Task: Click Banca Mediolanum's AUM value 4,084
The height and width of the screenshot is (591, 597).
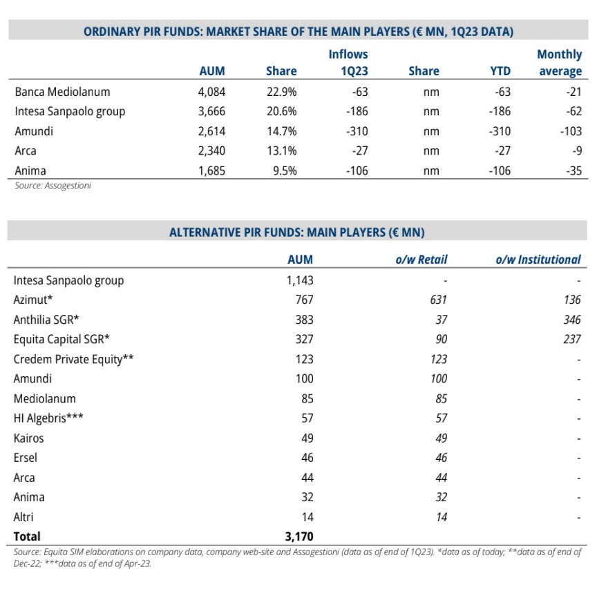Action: coord(211,92)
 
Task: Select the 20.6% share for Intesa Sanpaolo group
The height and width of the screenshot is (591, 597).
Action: coord(282,111)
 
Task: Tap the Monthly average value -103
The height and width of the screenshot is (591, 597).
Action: coord(571,131)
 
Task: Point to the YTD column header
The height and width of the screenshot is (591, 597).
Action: coord(500,71)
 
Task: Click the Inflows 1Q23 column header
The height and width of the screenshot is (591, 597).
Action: coord(348,63)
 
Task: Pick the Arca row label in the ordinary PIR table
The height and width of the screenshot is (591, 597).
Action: coord(26,151)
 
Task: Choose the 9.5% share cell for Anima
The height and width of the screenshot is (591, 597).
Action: coord(285,171)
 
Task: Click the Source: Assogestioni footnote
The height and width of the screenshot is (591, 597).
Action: coord(53,185)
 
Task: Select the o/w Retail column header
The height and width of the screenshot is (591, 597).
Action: coord(421,260)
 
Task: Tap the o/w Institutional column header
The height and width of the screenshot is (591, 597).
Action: coord(538,260)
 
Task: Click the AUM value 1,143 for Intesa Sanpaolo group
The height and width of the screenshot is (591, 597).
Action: coord(300,280)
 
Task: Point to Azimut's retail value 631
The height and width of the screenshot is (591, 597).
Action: coord(438,300)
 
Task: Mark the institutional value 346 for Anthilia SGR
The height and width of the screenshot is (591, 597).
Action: coord(572,320)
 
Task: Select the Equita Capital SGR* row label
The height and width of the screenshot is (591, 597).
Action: coord(61,340)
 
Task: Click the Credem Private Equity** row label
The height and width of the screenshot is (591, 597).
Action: coord(73,359)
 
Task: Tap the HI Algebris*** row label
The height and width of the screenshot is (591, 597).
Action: coord(48,418)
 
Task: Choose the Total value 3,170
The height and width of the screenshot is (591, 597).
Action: coord(299,536)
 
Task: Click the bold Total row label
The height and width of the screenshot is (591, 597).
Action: coord(27,536)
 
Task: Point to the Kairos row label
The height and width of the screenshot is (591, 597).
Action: coord(28,438)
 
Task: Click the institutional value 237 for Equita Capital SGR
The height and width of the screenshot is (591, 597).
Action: coord(572,340)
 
